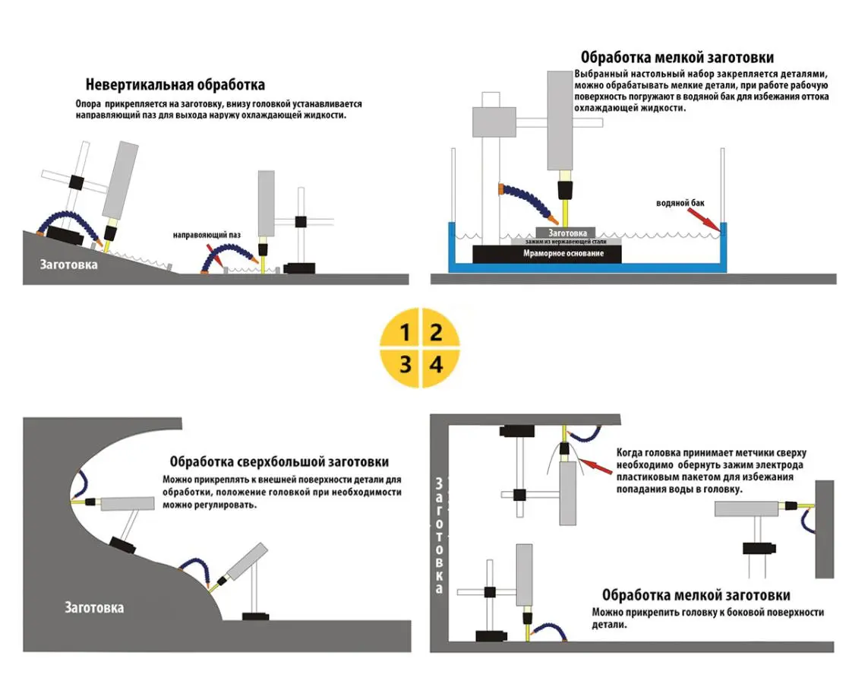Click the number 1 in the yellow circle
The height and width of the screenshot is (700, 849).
point(406,332)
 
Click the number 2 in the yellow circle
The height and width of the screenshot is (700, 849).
point(437,332)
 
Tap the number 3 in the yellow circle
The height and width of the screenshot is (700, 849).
point(406,364)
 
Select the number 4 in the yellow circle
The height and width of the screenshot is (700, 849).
point(437,364)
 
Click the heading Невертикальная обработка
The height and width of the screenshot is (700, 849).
point(175,85)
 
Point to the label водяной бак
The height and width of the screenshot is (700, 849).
point(680,204)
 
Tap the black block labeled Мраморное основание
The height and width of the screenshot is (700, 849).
point(547,254)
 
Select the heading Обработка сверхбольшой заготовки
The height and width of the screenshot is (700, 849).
point(279,461)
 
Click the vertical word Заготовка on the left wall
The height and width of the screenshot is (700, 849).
point(438,536)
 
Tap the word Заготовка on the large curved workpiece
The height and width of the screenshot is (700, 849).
point(94,608)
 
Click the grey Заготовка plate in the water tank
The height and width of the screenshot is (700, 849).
point(567,233)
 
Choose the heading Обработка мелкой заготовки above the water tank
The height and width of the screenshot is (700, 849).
point(677,57)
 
